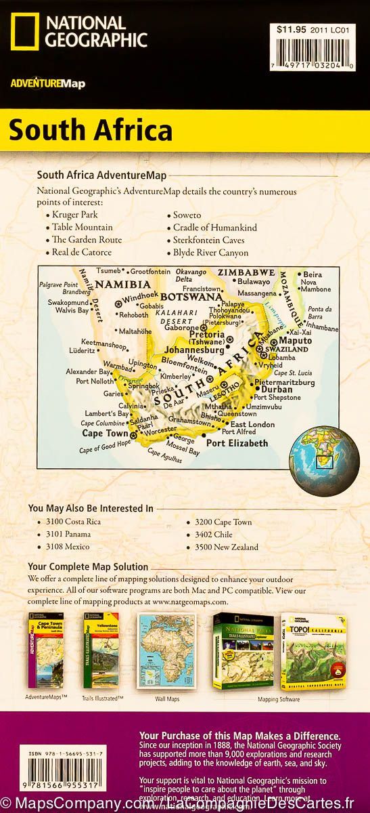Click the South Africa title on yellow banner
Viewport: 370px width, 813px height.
click(x=91, y=129)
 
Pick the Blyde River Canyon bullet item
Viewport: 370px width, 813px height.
click(x=210, y=253)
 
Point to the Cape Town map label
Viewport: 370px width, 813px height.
click(x=105, y=433)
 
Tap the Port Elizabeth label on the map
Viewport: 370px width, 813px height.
click(x=237, y=444)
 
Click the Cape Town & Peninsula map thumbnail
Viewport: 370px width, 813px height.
click(x=45, y=641)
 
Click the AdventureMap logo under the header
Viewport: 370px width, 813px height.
click(x=38, y=83)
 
